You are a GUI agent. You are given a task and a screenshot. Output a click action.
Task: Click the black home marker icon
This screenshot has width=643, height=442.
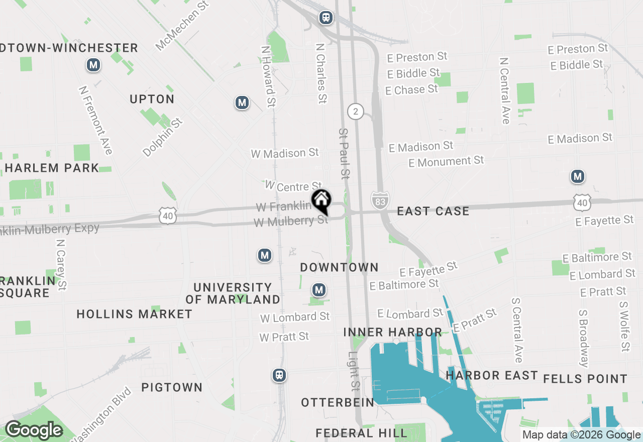[x=321, y=201]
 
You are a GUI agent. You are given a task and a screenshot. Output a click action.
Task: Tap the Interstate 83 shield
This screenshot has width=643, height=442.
[x=380, y=200]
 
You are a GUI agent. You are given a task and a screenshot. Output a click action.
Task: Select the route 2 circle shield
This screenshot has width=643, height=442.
[x=356, y=111]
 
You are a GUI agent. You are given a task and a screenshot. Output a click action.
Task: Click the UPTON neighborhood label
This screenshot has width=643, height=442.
[x=152, y=99]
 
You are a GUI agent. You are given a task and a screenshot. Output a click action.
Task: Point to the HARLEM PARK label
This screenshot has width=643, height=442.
[x=52, y=168]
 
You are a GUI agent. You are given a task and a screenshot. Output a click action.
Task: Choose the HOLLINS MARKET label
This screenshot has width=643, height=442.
[x=134, y=314]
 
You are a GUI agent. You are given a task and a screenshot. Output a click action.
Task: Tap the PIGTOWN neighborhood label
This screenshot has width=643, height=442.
[x=172, y=387]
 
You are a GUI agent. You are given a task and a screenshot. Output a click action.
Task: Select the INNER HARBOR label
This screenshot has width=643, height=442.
[x=392, y=332]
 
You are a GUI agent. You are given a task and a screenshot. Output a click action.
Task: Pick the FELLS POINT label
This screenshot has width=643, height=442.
[x=585, y=379]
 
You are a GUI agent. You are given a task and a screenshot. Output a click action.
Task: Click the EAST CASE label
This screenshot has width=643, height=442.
[x=433, y=211]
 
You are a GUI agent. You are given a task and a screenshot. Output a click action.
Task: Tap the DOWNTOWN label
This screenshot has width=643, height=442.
[x=339, y=267]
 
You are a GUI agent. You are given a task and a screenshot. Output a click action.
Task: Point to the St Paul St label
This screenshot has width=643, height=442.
[x=344, y=154]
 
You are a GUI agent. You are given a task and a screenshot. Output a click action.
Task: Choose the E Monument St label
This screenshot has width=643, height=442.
[x=446, y=162]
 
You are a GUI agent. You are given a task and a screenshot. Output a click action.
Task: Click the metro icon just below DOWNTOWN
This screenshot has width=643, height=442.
[x=318, y=290]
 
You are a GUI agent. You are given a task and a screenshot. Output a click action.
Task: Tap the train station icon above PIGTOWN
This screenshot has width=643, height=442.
[x=279, y=375]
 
